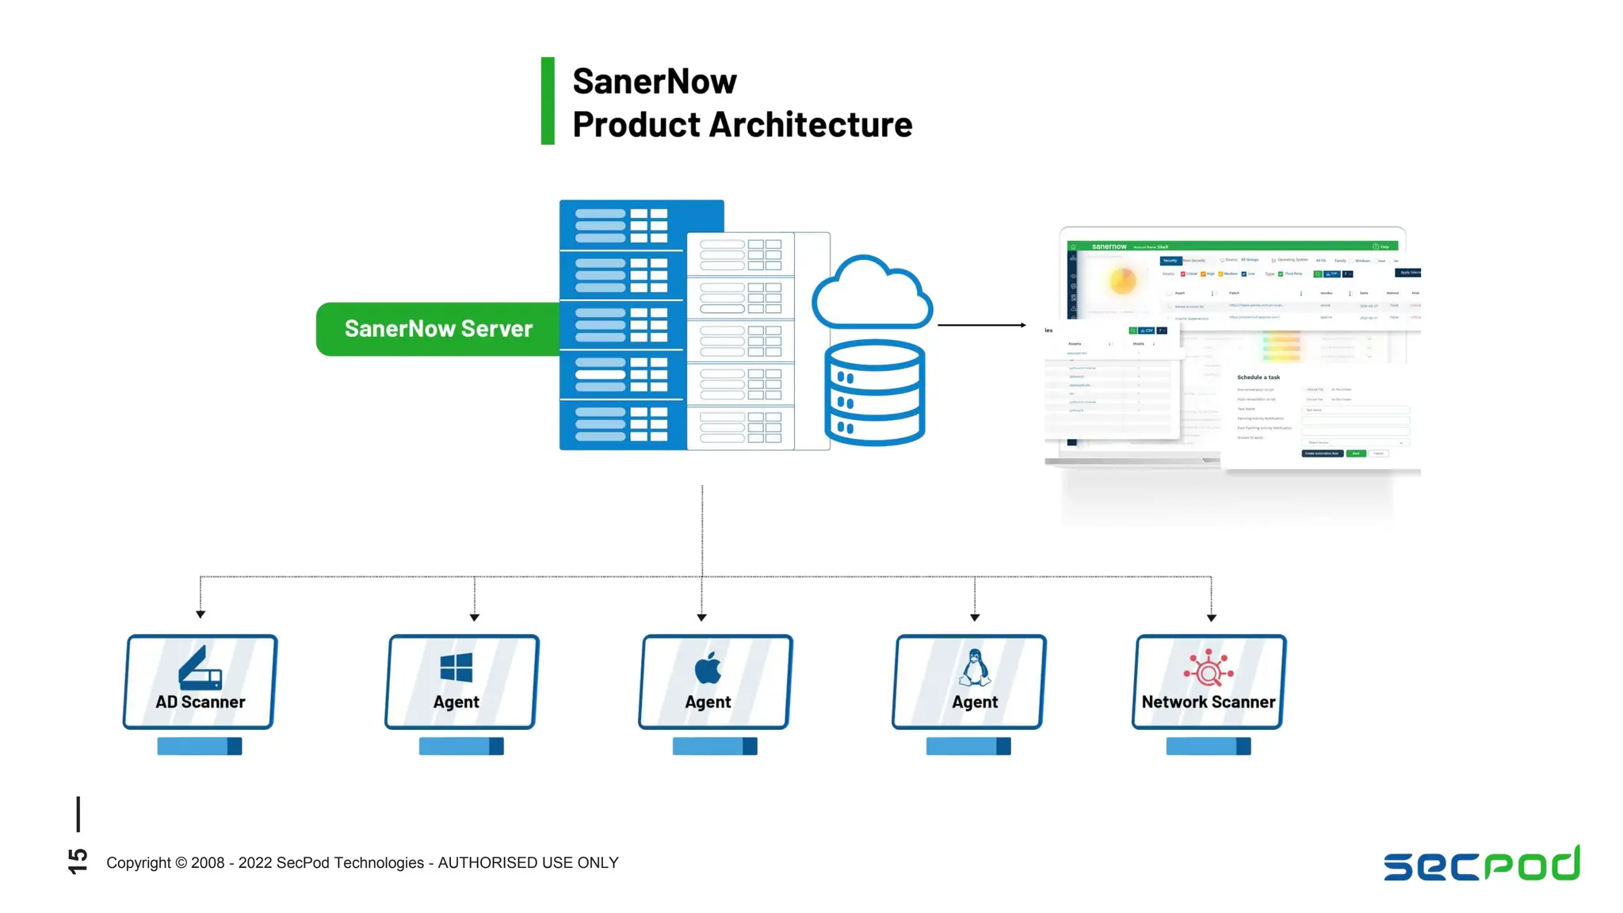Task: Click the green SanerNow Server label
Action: click(437, 329)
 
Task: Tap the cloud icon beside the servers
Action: click(872, 295)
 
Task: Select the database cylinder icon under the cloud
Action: click(874, 393)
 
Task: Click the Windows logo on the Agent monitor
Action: click(456, 667)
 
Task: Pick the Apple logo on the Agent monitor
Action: click(708, 667)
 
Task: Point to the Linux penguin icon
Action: click(974, 667)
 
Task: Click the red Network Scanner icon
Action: click(1208, 668)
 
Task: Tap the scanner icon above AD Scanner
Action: click(200, 668)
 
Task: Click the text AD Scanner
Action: click(200, 702)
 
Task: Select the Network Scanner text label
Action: click(1208, 702)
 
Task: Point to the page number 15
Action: click(78, 861)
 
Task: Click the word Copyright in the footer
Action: click(139, 862)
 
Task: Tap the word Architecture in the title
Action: click(810, 124)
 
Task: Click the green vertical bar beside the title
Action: click(548, 101)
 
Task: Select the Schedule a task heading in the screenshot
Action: click(1258, 377)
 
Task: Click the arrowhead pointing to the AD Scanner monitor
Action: click(200, 614)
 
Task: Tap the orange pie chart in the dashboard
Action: click(1122, 280)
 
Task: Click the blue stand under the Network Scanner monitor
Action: click(1208, 746)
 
